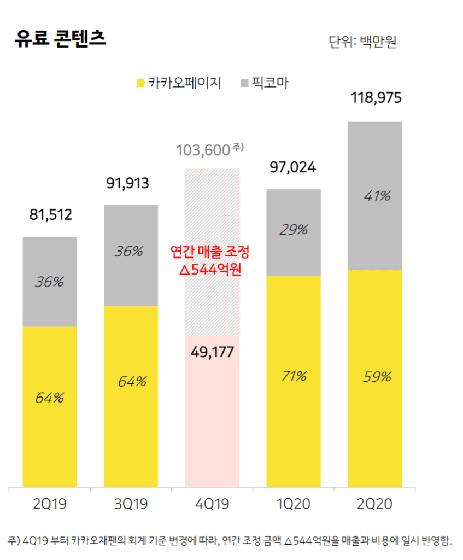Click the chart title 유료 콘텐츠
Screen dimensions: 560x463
click(x=61, y=40)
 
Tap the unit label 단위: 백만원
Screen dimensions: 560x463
click(x=362, y=42)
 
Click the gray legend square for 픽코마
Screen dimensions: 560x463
click(x=244, y=83)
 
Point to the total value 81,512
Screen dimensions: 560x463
click(x=50, y=214)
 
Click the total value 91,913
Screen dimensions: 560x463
click(x=127, y=183)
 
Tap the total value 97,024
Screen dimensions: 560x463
click(x=294, y=167)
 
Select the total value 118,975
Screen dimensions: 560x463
click(x=375, y=98)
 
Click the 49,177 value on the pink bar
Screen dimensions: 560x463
click(x=212, y=352)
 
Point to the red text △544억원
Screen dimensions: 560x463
click(x=210, y=270)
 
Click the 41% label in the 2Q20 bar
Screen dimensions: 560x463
click(x=377, y=196)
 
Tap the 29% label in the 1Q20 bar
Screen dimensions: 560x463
click(x=294, y=230)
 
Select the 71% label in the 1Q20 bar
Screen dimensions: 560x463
click(x=294, y=376)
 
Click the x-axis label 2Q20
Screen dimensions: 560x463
click(x=375, y=504)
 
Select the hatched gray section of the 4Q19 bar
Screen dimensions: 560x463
click(x=212, y=208)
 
